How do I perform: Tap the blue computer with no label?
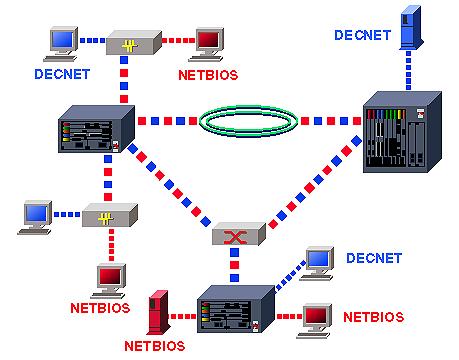pyautogui.click(x=38, y=215)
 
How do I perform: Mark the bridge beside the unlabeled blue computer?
pyautogui.click(x=104, y=217)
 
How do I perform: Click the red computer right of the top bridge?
pyautogui.click(x=211, y=42)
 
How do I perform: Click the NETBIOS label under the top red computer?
pyautogui.click(x=209, y=74)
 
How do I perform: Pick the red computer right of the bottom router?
pyautogui.click(x=317, y=316)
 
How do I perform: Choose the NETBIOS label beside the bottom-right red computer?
pyautogui.click(x=373, y=317)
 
